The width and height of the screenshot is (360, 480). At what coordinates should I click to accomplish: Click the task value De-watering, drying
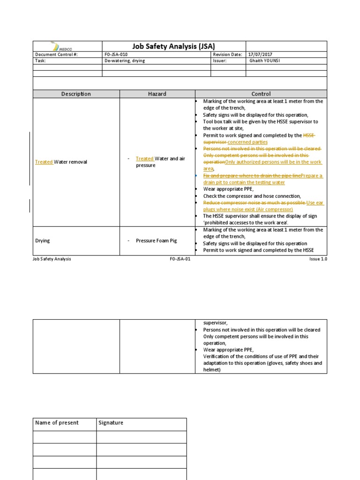coord(125,61)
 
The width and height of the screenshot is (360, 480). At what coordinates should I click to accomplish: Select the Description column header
coord(76,94)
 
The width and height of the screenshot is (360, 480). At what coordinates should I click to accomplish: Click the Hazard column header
coord(157,94)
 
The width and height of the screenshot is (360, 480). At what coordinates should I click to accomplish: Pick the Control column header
coord(261,94)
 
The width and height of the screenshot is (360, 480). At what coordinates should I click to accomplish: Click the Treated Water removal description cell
coord(61,162)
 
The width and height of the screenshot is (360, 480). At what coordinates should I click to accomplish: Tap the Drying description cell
coord(43,240)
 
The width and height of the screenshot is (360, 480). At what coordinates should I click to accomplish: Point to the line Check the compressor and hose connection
coord(252,196)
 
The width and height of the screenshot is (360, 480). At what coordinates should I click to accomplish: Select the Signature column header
coord(111,423)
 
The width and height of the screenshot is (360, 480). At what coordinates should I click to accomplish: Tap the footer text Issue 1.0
coord(317,259)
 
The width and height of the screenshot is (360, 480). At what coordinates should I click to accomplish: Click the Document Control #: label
coord(56,54)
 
